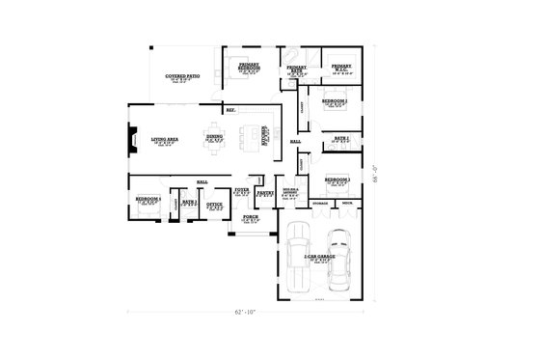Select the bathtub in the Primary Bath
point(289,53)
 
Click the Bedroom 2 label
point(335,101)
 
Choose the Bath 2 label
point(340,139)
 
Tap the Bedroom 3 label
point(337,180)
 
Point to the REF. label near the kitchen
point(230,111)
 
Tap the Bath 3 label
point(189,203)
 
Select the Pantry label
point(265,193)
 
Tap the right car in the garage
point(340,263)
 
